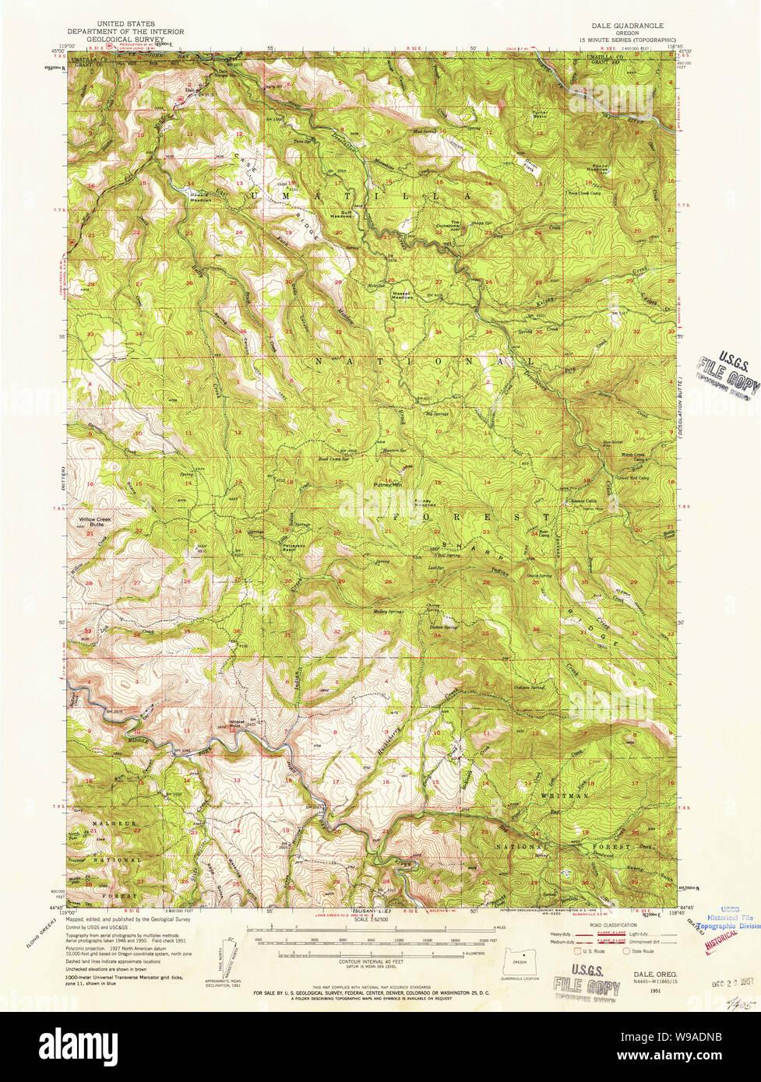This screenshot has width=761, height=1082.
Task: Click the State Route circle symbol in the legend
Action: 627,951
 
